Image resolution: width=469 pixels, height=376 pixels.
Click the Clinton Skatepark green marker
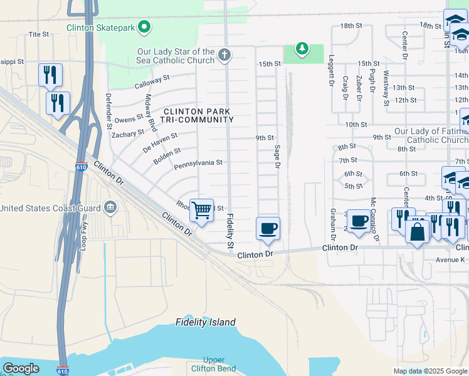coord(145,27)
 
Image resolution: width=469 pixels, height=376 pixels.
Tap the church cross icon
coord(224,56)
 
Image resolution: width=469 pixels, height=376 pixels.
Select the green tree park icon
coord(302,48)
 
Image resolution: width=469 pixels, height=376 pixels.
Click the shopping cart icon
coord(201,210)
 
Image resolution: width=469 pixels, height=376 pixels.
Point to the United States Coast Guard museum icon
coord(110,207)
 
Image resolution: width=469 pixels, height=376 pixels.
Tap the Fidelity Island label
coord(206,323)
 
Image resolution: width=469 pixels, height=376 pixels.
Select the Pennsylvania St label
coord(198,163)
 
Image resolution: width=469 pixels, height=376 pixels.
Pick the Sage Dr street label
coord(277,157)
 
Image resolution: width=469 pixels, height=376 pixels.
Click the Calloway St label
coord(152,81)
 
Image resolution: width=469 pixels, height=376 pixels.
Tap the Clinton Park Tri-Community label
coord(198,115)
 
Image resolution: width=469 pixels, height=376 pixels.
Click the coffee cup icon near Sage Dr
coord(268,228)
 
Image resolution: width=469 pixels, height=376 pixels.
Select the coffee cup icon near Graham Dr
coord(359,221)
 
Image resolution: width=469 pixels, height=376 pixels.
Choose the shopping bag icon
coord(417,232)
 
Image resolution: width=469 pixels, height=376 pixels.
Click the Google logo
coord(21,368)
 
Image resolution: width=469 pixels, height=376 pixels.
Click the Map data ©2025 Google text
coord(429,371)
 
